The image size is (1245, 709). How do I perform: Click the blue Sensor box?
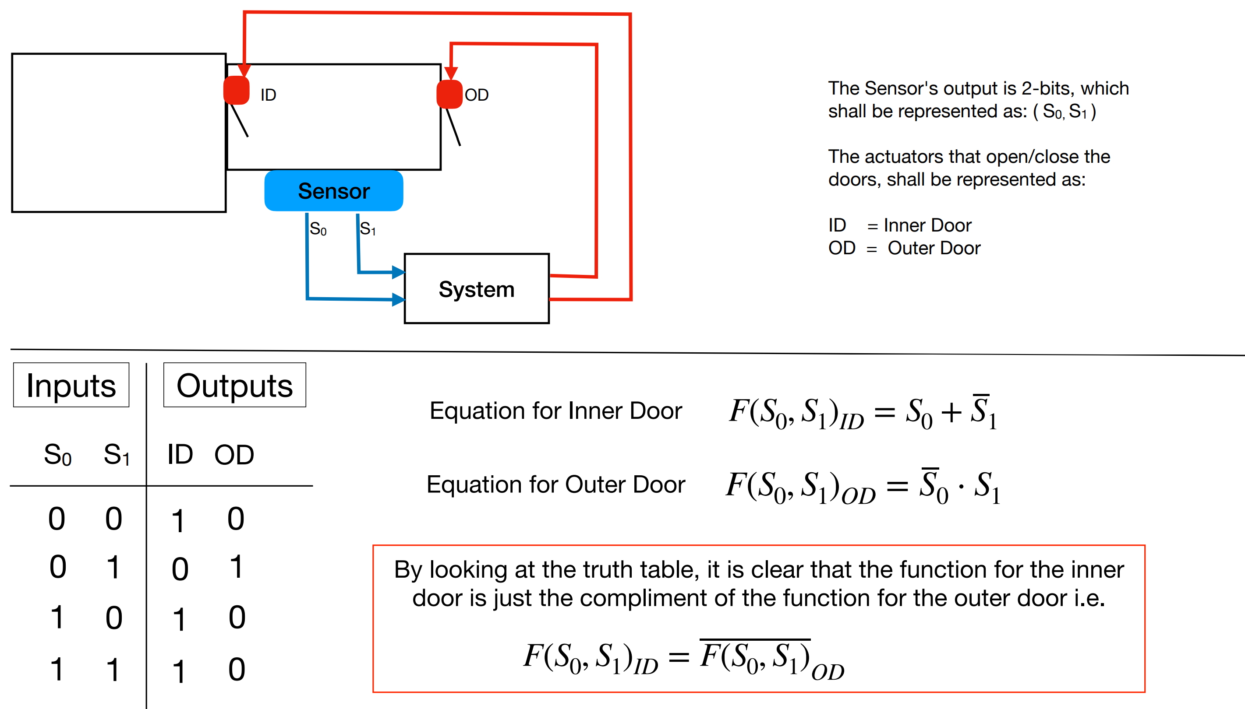(333, 191)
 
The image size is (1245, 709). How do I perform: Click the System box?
(476, 289)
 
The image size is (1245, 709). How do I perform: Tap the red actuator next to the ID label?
(236, 91)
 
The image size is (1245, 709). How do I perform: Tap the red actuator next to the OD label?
(449, 95)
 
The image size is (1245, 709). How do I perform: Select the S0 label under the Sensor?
(318, 228)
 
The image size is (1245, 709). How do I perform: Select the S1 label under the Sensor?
(368, 228)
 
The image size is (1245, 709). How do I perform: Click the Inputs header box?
(71, 385)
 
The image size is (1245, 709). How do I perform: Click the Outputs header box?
(234, 385)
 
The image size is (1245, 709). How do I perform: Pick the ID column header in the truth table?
(180, 454)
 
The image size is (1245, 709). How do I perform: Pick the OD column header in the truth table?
(234, 455)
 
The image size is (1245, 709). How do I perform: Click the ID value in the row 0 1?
(180, 568)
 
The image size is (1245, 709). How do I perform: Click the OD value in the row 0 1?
(236, 566)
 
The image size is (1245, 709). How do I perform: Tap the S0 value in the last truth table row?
(57, 669)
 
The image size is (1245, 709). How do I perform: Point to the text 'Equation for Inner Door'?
(555, 411)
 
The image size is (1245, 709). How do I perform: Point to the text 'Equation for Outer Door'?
(555, 484)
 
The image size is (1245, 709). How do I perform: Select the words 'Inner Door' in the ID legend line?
(927, 225)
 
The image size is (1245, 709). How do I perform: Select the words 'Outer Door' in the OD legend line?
(933, 248)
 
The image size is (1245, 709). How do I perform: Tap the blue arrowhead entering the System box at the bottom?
(398, 299)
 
